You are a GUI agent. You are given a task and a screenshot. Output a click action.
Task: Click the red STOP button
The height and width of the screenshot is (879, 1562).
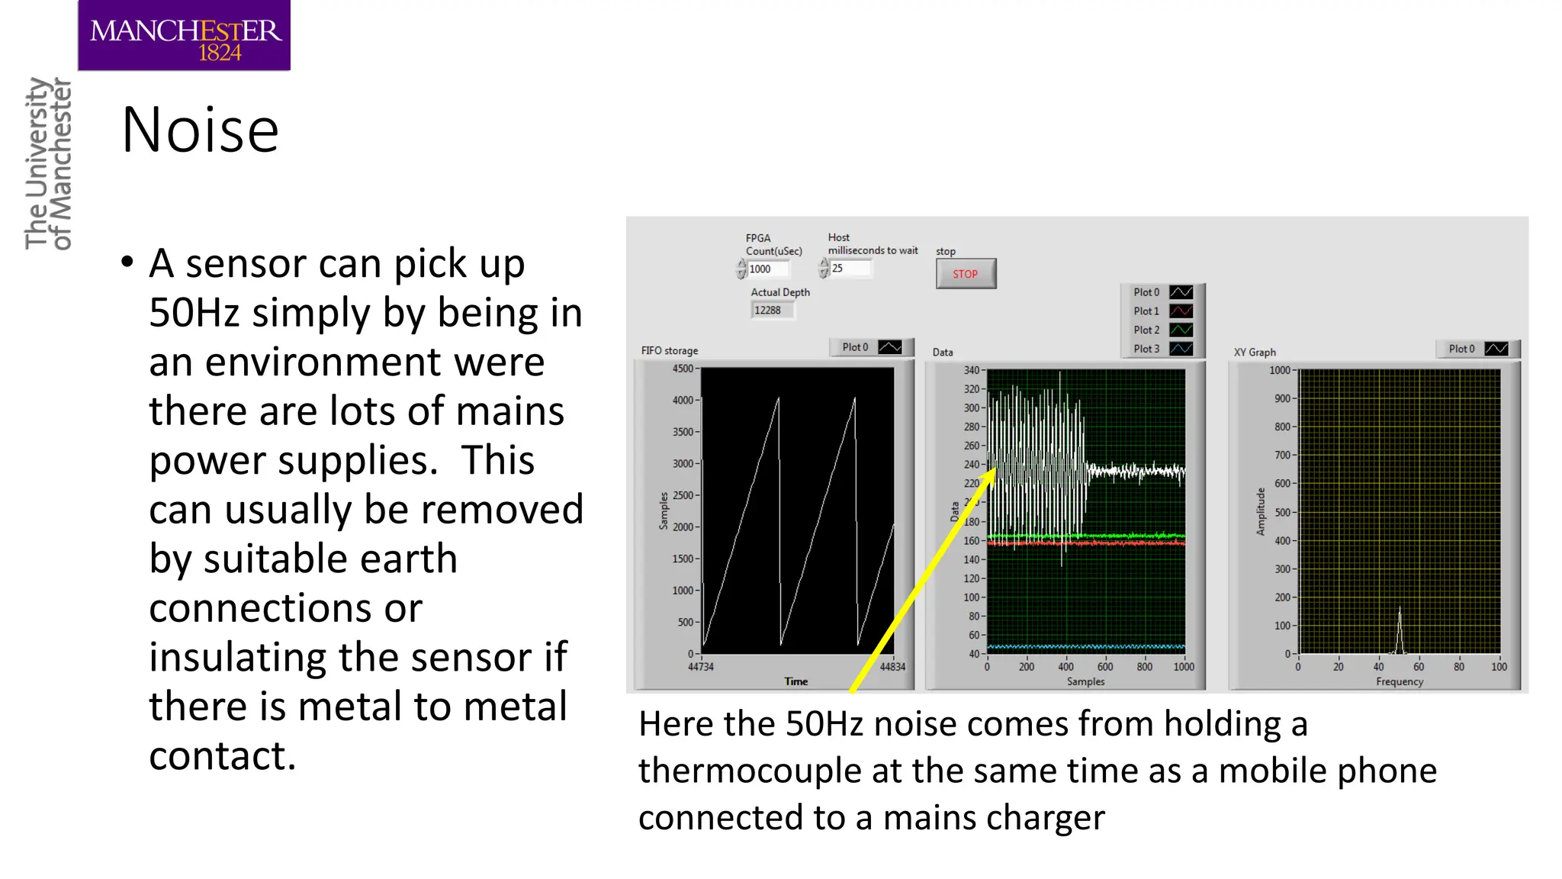tap(966, 274)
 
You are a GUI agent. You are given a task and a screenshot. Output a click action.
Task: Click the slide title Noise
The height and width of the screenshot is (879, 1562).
tap(201, 130)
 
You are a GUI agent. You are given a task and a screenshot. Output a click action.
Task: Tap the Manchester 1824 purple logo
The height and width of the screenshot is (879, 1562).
tap(184, 36)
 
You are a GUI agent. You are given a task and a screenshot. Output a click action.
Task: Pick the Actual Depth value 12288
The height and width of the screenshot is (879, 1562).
tap(770, 311)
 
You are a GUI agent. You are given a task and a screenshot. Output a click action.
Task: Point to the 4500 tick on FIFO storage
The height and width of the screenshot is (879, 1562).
tap(683, 369)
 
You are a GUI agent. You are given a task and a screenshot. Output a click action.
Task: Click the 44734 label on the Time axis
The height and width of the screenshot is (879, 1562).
tap(701, 667)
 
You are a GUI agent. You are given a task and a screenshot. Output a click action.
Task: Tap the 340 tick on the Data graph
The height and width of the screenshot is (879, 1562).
tap(972, 371)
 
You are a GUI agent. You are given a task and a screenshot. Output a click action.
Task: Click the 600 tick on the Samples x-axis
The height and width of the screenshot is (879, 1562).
tap(1105, 667)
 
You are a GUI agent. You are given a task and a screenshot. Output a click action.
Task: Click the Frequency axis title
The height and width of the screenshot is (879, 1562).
tap(1400, 682)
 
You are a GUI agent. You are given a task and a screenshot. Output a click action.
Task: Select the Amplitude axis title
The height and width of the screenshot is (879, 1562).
tap(1261, 511)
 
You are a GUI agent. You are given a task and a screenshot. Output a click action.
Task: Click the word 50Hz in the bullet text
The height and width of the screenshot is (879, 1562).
tap(194, 314)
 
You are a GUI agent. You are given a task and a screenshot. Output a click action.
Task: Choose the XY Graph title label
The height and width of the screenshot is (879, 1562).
tap(1255, 353)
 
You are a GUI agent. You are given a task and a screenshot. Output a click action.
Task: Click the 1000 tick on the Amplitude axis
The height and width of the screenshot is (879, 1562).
tap(1279, 371)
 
